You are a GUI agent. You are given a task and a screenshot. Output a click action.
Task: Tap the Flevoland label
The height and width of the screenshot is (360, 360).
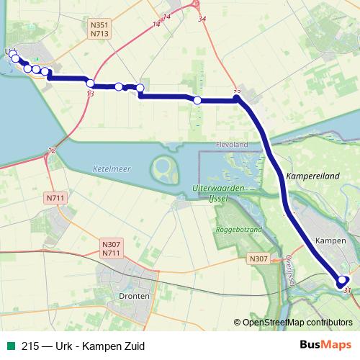pos(231,144)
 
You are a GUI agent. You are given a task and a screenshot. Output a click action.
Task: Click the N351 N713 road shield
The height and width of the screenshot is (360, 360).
pos(99,28)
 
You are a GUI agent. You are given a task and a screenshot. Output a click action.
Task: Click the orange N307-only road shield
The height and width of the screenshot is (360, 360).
pos(258,258)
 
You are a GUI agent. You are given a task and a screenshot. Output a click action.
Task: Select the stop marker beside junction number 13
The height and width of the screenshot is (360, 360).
pos(91,83)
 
